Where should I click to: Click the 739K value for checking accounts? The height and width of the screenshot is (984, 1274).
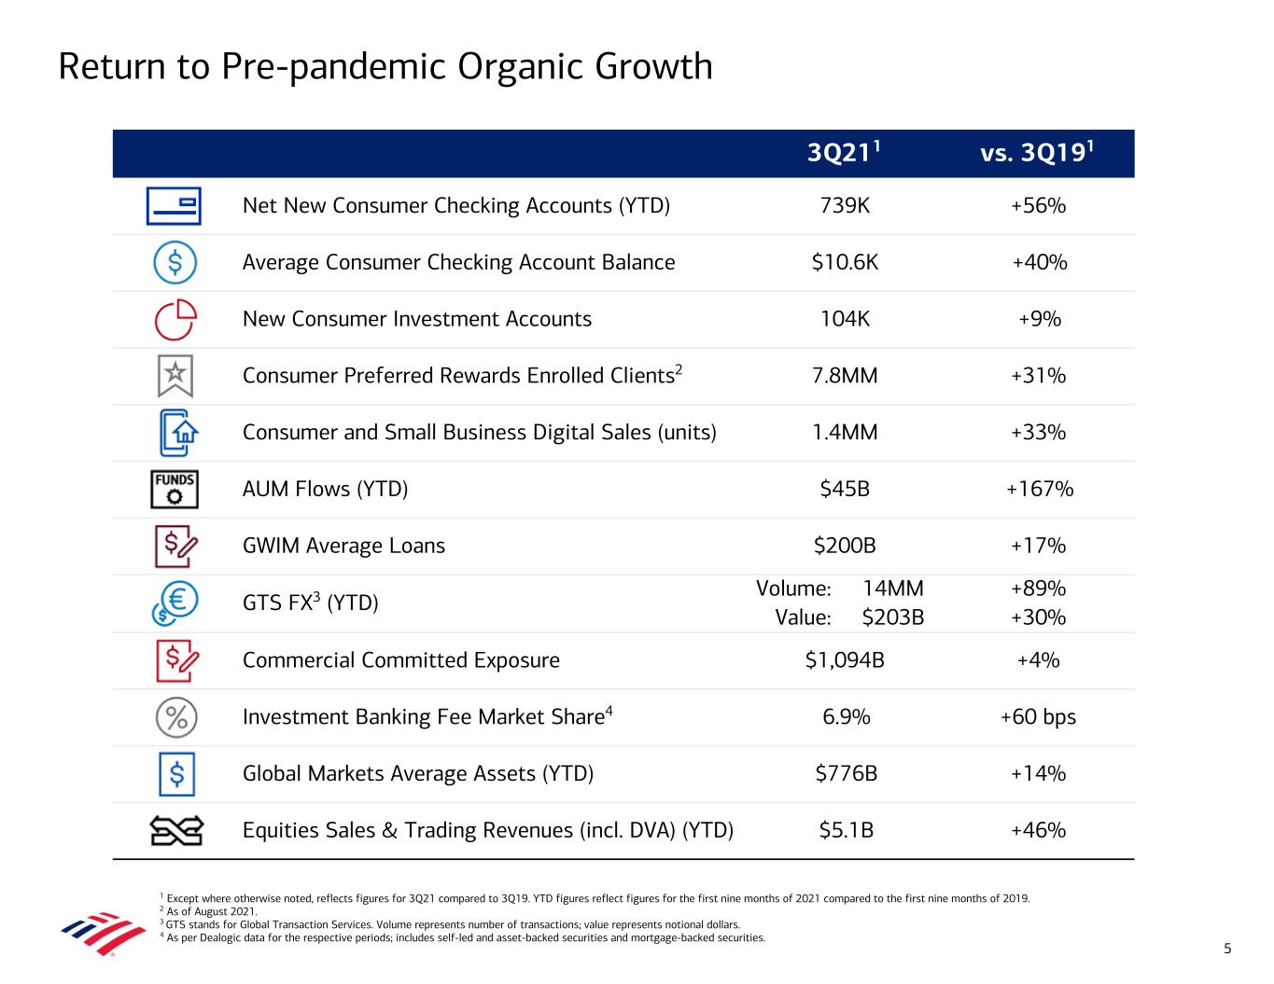[x=845, y=205]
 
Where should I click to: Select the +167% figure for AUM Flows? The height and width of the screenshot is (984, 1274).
[x=1039, y=489]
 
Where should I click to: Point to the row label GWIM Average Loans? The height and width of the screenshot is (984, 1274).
[x=343, y=546]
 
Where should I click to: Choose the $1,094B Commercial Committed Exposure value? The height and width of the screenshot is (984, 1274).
[x=845, y=660]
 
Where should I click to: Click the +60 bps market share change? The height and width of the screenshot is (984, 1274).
[x=1038, y=717]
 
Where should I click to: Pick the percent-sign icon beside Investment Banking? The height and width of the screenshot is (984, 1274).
[x=175, y=717]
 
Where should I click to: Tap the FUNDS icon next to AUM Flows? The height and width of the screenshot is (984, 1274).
[x=175, y=489]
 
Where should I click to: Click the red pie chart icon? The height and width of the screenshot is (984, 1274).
[x=175, y=319]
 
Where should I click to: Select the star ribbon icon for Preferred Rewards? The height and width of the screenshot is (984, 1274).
[x=175, y=376]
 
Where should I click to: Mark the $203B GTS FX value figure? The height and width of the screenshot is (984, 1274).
[x=892, y=617]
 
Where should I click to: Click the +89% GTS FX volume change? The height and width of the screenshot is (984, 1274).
[x=1038, y=589]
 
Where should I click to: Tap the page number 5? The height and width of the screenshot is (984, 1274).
[x=1227, y=949]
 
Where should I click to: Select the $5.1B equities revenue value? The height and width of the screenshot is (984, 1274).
[x=846, y=830]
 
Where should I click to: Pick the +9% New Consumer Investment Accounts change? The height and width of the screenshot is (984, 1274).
[x=1039, y=319]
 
